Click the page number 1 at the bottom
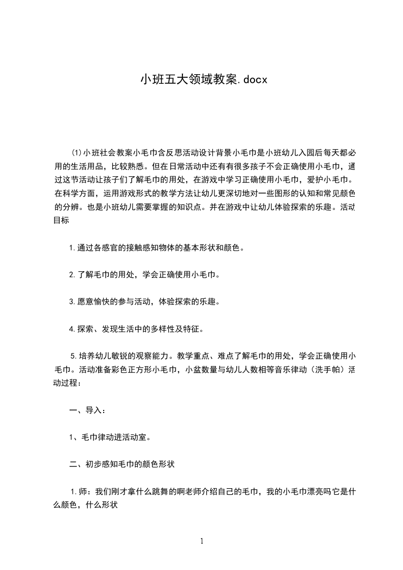point(202,541)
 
